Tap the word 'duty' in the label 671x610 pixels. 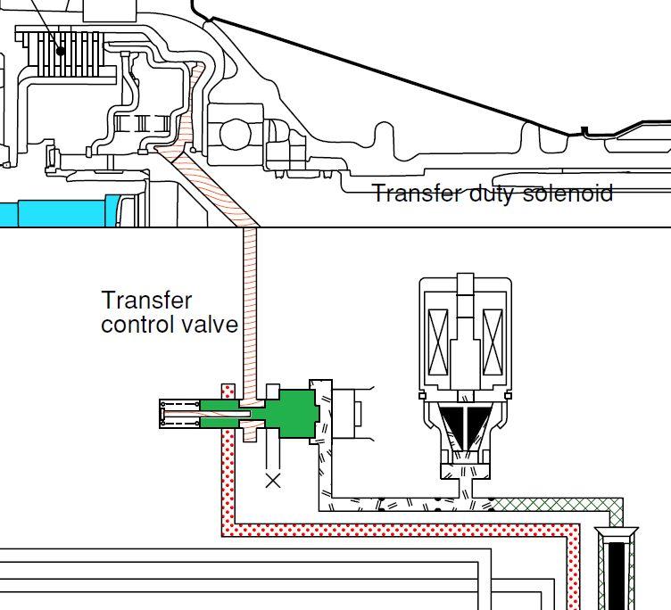point(492,194)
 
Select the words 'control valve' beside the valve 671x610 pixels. point(170,324)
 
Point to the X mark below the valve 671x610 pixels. point(273,481)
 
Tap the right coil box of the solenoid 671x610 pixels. point(492,341)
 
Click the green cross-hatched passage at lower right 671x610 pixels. point(553,506)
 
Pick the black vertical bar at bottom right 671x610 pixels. point(617,571)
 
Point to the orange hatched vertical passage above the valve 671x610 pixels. point(250,303)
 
